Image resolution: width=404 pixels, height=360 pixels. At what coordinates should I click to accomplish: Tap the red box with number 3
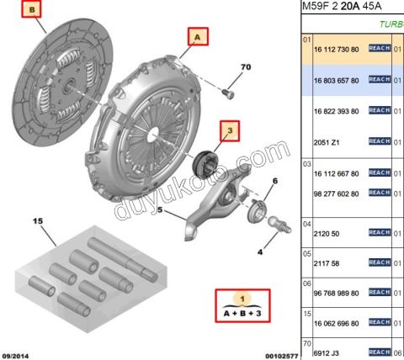[229, 130]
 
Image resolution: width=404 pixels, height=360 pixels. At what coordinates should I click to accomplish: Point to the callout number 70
[246, 66]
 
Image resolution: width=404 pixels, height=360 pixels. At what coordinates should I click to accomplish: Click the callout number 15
[37, 221]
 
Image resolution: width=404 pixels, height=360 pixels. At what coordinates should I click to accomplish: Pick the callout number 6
[274, 182]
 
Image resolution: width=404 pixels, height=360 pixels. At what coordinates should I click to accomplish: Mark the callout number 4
[259, 251]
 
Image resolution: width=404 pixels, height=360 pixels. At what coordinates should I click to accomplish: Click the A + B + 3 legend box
[242, 306]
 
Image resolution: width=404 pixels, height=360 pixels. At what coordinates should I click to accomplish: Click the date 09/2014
[18, 355]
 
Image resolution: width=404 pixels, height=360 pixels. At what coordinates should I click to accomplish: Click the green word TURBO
[390, 24]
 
